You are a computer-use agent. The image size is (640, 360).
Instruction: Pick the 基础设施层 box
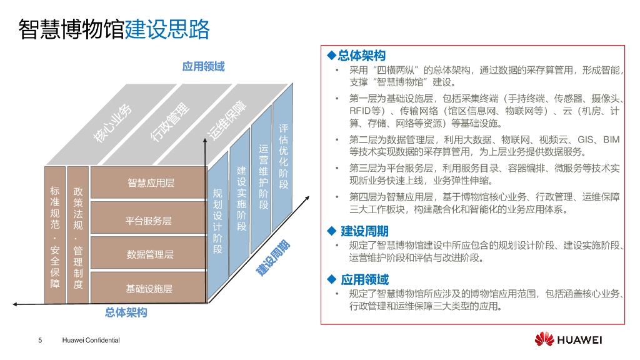[x=149, y=288]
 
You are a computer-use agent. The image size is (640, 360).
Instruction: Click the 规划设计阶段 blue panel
[x=217, y=222]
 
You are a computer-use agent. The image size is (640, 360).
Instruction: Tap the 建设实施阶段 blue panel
[x=241, y=199]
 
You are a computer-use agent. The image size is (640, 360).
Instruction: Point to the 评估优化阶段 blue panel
[x=283, y=156]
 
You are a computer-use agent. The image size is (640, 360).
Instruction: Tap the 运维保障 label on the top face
[x=226, y=119]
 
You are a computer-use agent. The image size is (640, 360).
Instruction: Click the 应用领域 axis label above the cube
[x=204, y=66]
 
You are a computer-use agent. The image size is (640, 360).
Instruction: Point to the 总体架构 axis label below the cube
[x=126, y=312]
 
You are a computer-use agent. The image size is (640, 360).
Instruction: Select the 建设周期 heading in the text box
[x=364, y=232]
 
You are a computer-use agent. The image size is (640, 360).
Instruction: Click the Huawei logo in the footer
[x=568, y=339]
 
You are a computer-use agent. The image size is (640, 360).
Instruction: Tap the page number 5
[x=41, y=341]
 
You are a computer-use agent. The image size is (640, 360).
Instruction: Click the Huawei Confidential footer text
[x=91, y=341]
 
